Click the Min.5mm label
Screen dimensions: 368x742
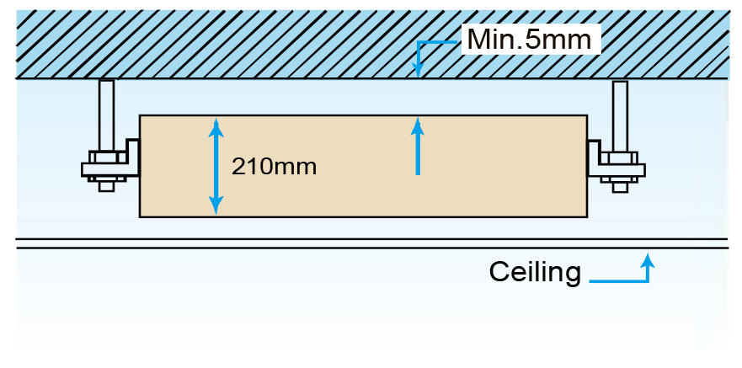530,39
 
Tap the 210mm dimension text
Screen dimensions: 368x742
274,166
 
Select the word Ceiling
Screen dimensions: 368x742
536,272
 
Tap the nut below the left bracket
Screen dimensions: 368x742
106,182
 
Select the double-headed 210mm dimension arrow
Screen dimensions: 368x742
216,166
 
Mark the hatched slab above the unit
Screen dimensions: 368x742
253,42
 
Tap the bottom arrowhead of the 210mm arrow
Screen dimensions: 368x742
216,207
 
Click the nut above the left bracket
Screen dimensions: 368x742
106,156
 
